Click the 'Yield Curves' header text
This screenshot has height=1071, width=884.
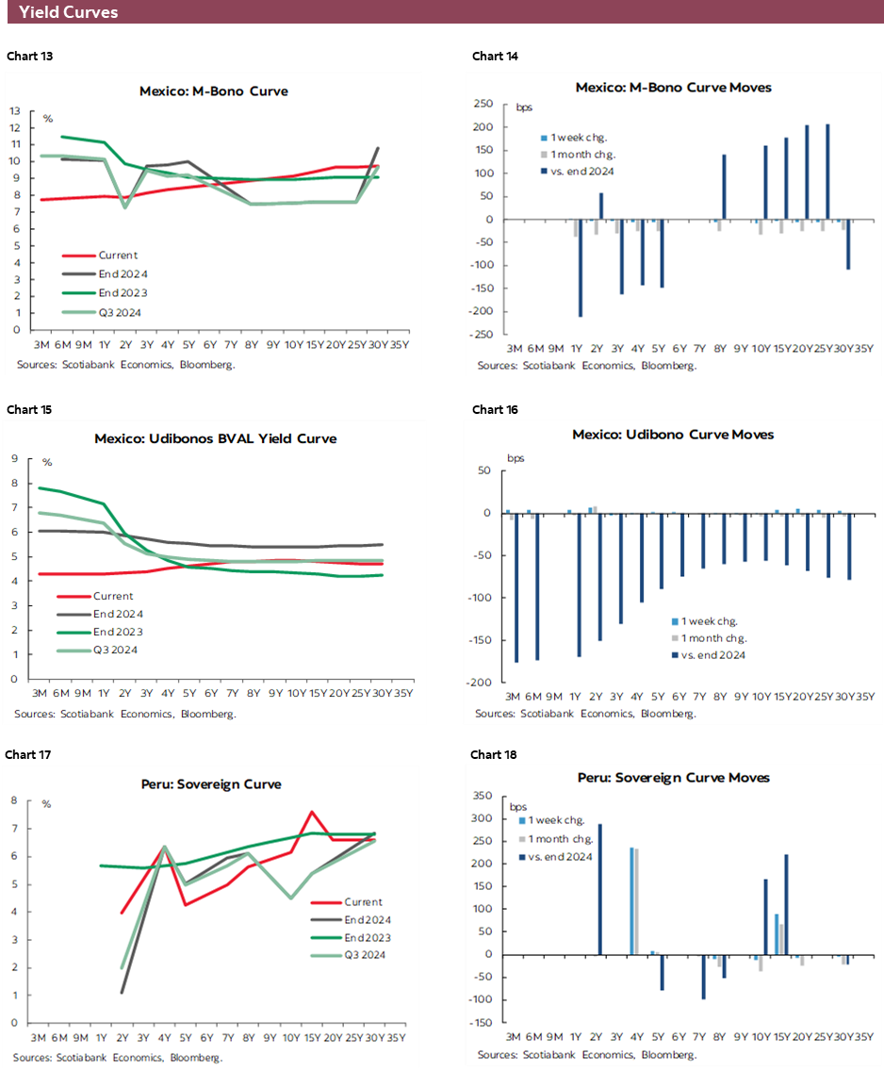[69, 12]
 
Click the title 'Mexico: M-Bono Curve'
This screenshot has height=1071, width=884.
[213, 91]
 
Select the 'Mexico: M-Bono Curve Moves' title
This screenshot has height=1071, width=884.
[673, 87]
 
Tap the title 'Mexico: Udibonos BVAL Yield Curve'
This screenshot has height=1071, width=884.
[215, 438]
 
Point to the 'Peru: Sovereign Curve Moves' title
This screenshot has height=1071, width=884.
[673, 777]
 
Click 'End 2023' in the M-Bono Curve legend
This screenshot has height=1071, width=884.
[119, 292]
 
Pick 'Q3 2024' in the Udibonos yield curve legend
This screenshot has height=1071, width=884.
[116, 650]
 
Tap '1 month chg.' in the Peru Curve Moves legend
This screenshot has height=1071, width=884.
[560, 838]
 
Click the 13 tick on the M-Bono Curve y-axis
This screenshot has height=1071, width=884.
[15, 110]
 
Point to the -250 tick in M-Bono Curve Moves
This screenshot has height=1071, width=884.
[483, 335]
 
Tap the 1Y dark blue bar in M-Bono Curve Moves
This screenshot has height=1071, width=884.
[580, 268]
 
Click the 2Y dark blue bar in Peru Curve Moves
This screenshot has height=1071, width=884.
[600, 889]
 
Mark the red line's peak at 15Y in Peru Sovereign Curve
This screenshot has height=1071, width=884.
[312, 811]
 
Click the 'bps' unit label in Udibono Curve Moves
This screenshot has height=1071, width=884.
[516, 458]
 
